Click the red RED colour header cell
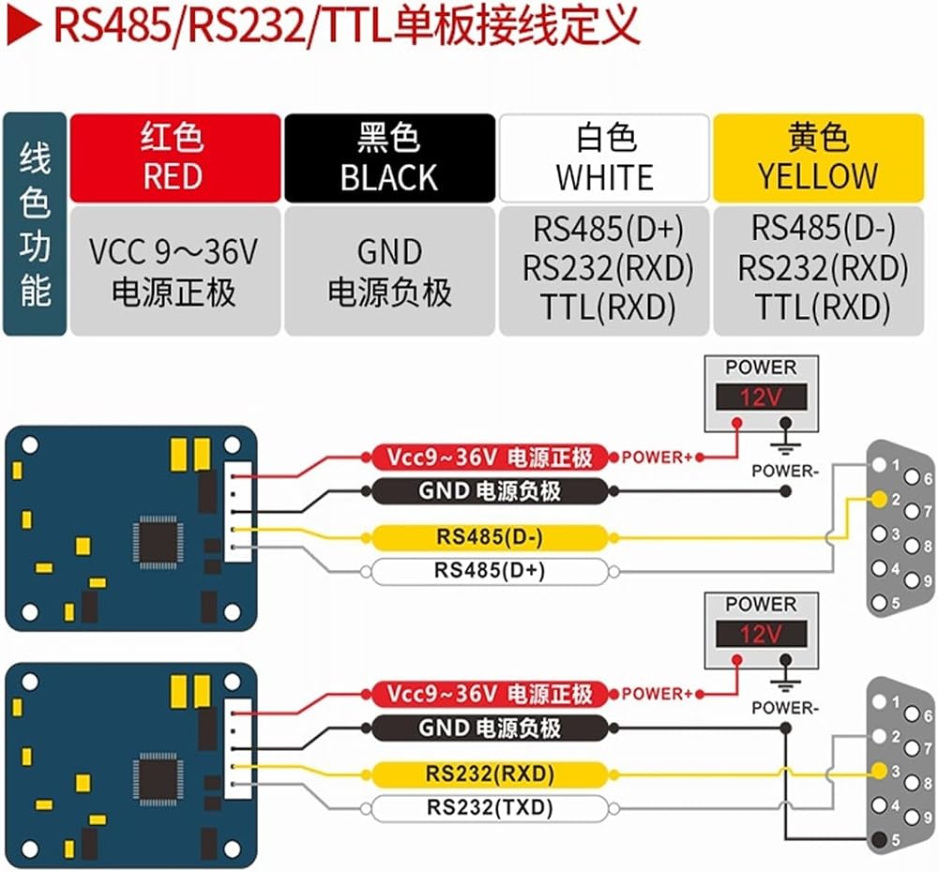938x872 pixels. pos(175,158)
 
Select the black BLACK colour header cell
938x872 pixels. pos(389,158)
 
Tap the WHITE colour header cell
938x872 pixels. pos(604,158)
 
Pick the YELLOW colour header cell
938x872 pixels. pos(818,158)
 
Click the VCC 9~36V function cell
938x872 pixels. pos(175,271)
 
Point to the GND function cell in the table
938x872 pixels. pos(389,271)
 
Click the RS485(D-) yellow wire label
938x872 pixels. pos(490,537)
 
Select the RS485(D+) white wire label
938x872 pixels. pos(490,571)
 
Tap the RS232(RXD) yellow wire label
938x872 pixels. pos(490,774)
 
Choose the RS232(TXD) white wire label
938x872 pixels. pos(490,808)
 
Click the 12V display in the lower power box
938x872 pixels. pos(761,634)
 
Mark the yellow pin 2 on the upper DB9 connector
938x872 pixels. pos(879,499)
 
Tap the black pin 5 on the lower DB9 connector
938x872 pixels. pos(879,840)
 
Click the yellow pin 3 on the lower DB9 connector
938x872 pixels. pos(879,771)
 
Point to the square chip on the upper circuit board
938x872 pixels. pos(158,542)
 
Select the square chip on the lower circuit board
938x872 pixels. pos(158,778)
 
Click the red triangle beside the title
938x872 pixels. pos(24,27)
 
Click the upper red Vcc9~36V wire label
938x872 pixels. pos(490,458)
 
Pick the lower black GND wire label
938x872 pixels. pos(490,728)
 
